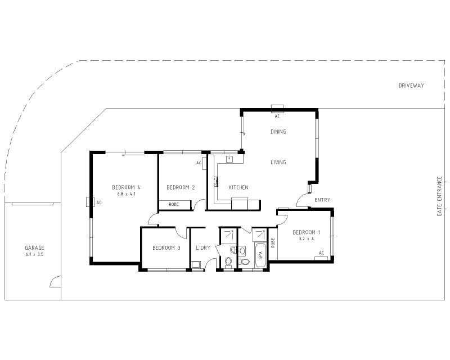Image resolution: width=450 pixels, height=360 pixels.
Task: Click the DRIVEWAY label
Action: click(x=411, y=85)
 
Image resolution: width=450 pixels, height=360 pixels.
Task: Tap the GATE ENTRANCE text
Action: click(x=439, y=196)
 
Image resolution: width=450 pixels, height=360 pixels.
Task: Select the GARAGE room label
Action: click(x=34, y=247)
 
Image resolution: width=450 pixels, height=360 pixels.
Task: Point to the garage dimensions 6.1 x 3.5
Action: click(x=34, y=254)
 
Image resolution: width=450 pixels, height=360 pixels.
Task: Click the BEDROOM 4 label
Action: click(x=126, y=187)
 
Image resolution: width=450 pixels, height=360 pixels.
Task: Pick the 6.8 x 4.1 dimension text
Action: click(x=126, y=194)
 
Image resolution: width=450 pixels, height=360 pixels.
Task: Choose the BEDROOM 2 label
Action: click(x=181, y=187)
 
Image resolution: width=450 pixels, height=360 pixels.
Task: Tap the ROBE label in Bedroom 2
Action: click(x=174, y=204)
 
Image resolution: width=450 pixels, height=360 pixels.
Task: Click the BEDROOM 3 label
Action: click(x=166, y=247)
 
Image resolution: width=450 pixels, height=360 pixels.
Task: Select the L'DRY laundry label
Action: click(x=203, y=247)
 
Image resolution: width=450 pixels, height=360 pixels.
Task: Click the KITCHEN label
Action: click(x=238, y=187)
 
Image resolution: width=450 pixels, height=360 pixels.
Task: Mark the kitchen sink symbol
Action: click(x=229, y=159)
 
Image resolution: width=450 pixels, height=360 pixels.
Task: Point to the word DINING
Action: click(x=278, y=132)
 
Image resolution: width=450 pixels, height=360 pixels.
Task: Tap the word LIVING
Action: click(x=278, y=163)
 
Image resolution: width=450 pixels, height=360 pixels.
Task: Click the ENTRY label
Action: click(x=322, y=200)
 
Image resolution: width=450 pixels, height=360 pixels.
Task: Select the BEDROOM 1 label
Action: click(x=307, y=232)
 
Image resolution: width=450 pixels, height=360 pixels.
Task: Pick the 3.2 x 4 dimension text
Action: click(x=307, y=238)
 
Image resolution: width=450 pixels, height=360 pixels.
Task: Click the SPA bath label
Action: click(x=260, y=255)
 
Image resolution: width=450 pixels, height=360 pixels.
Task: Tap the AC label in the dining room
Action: click(x=277, y=116)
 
